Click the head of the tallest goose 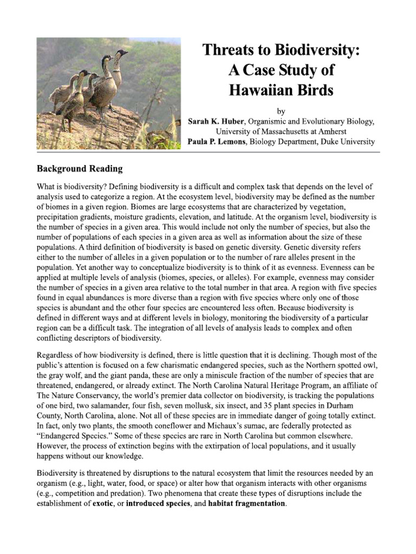tap(122, 54)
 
